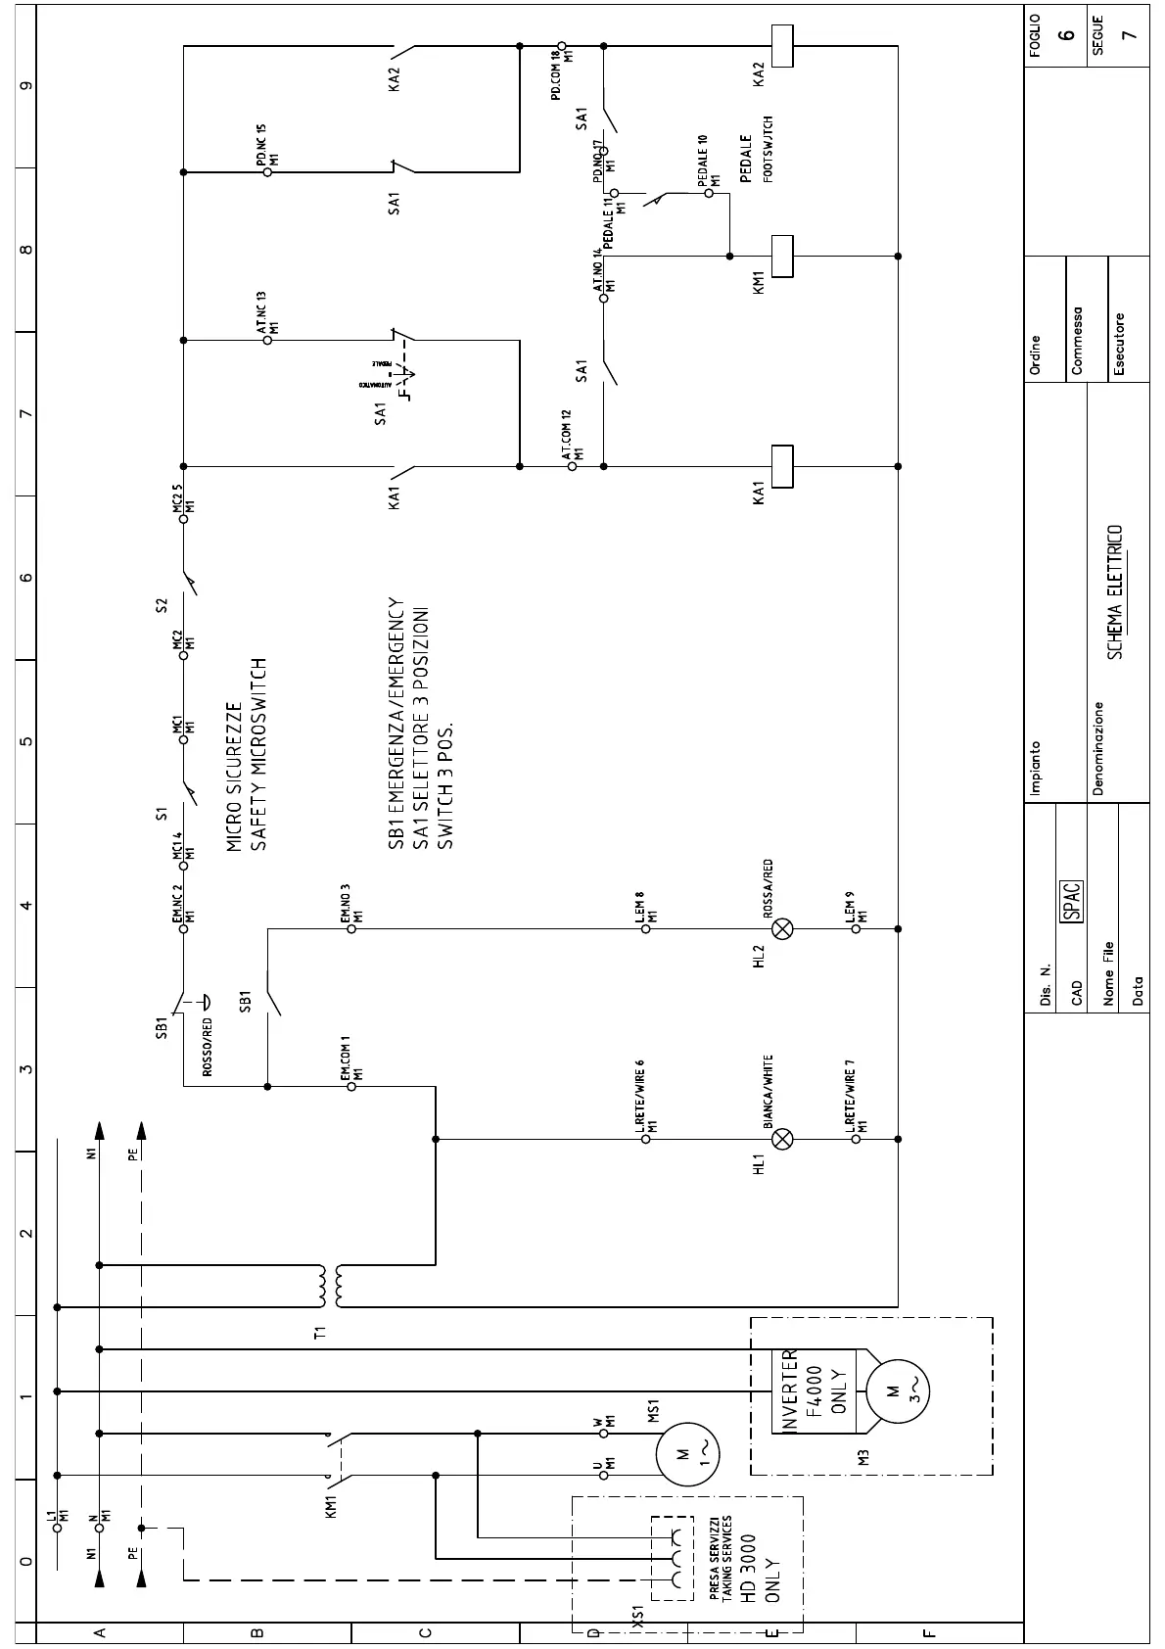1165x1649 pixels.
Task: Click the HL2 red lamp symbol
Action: pos(782,928)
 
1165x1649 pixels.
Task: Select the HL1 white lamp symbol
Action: pos(782,1139)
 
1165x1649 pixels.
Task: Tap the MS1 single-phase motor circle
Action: pos(687,1453)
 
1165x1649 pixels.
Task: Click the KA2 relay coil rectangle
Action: pos(781,45)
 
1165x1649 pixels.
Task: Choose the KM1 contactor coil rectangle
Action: pos(781,257)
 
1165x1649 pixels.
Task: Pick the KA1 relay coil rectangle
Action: pos(781,466)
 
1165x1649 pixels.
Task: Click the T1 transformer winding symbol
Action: pos(328,1286)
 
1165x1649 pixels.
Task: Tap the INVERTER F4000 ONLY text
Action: pos(815,1390)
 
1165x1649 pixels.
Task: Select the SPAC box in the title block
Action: pos(1072,901)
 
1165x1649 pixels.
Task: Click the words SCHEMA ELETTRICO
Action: pos(1115,592)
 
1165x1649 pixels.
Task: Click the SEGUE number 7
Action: pos(1130,34)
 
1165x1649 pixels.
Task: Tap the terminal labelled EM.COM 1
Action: pos(351,1086)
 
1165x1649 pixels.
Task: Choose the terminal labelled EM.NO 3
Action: pos(351,928)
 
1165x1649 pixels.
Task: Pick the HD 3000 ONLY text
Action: pos(760,1568)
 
